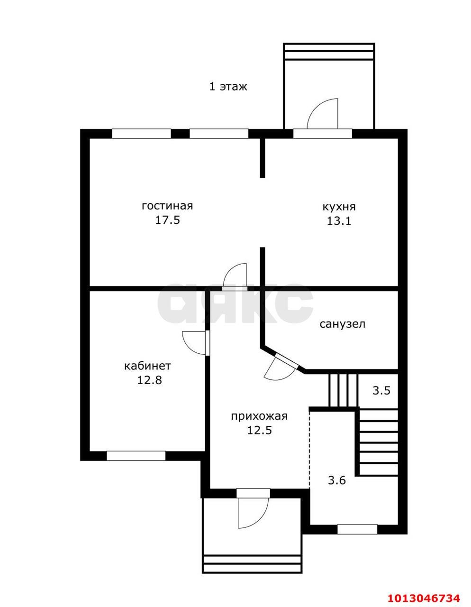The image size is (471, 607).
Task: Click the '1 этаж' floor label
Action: click(x=228, y=87)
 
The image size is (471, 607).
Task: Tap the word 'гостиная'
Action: click(x=167, y=206)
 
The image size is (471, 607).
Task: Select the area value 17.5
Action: click(x=167, y=220)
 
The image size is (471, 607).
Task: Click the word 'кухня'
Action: click(x=339, y=207)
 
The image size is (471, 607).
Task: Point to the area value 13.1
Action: click(x=339, y=221)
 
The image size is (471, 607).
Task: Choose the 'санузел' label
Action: click(x=342, y=324)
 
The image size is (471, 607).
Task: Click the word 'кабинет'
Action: click(x=147, y=366)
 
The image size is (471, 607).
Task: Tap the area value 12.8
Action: click(x=149, y=380)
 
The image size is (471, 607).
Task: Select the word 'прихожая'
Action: click(x=259, y=416)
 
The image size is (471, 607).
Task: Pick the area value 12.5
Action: click(x=259, y=430)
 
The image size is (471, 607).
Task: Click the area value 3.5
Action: click(x=381, y=390)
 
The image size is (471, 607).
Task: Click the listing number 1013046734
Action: click(x=424, y=596)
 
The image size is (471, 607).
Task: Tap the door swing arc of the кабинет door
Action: click(x=185, y=346)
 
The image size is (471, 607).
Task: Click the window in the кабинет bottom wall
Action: click(x=136, y=456)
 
